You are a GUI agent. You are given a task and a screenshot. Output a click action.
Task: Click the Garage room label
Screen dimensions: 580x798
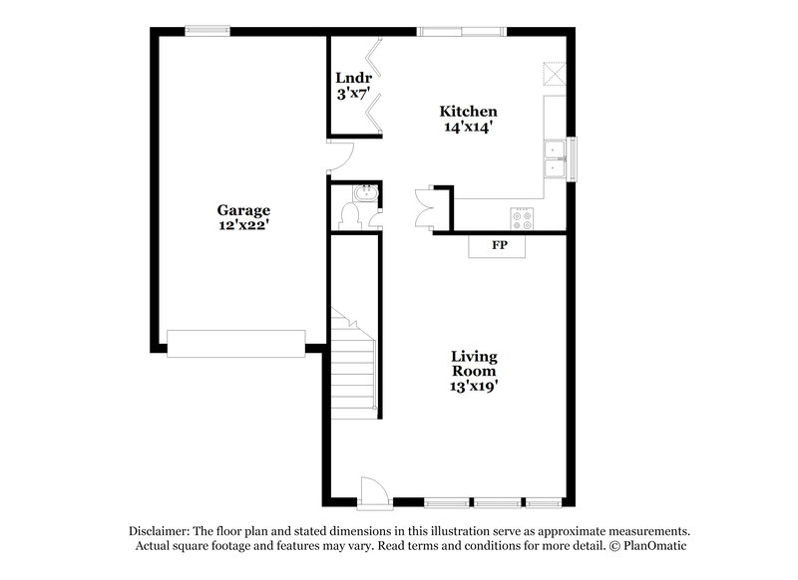243,210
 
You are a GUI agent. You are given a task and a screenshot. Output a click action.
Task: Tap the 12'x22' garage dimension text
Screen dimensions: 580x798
243,226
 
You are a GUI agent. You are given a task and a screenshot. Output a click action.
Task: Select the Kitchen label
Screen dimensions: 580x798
469,112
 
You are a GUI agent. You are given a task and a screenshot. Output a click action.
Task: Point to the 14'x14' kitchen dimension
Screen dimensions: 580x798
469,128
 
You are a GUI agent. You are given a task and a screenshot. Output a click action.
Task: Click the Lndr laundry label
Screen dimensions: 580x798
353,78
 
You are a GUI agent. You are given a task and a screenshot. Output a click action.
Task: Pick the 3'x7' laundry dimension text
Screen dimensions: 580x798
353,94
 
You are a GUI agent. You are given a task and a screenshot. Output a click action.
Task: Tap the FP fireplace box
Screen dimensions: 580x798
499,245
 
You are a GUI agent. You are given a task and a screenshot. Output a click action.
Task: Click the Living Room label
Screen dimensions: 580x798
474,364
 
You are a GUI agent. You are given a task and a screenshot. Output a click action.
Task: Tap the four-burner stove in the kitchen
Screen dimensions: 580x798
522,215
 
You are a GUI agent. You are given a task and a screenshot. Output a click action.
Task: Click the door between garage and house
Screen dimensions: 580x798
339,155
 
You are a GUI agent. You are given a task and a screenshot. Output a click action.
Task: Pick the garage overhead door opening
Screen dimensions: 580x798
235,343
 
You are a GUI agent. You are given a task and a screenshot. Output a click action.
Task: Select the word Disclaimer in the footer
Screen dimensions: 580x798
163,531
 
